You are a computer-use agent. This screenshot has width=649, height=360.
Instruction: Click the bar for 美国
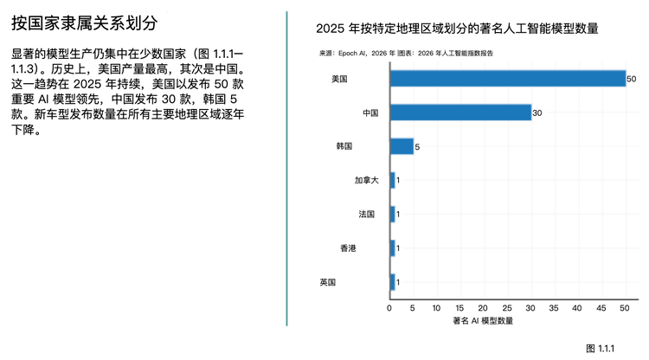[x=507, y=79]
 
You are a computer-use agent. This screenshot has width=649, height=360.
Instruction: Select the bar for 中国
[x=460, y=112]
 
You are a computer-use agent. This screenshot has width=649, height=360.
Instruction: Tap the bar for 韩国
[x=402, y=146]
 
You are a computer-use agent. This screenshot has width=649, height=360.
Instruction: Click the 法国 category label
[x=367, y=214]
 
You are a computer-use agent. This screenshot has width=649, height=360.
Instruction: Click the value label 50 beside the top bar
[x=632, y=80]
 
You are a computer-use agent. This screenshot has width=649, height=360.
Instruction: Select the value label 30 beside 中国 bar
[x=537, y=113]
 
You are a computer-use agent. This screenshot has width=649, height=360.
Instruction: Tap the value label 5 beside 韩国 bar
[x=418, y=147]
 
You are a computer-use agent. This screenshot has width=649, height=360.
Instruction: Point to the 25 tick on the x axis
[x=507, y=308]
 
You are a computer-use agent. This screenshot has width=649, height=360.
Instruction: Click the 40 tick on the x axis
[x=578, y=308]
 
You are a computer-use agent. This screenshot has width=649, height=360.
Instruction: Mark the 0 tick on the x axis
[x=389, y=308]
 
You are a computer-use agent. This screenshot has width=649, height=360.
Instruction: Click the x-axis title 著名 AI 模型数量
[x=483, y=321]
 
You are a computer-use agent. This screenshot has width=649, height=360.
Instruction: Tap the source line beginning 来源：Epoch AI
[x=407, y=53]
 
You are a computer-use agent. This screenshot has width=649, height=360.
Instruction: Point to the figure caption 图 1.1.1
[x=599, y=348]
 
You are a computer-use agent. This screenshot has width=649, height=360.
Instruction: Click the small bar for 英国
[x=392, y=282]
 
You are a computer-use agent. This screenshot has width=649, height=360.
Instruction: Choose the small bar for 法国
[x=392, y=214]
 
